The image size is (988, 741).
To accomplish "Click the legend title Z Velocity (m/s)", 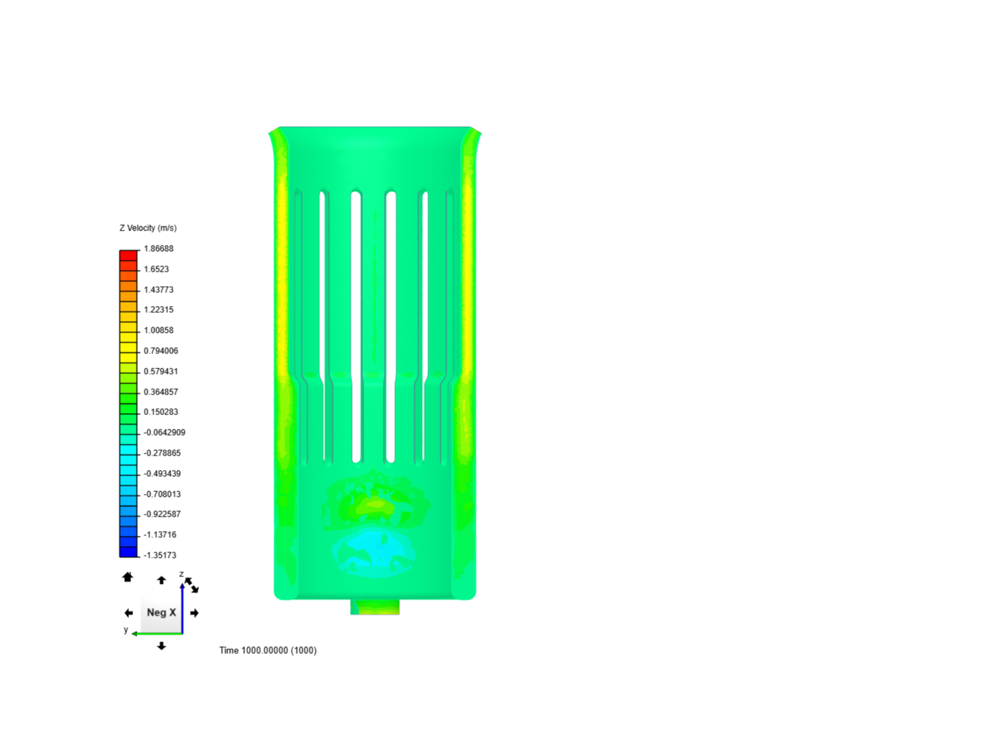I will [x=148, y=228].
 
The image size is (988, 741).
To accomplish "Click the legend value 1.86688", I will [x=158, y=248].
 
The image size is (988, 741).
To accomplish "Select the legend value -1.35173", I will [x=160, y=555].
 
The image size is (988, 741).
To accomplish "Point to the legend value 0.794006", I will [x=161, y=351].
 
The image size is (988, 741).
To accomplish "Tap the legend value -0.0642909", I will [x=164, y=432].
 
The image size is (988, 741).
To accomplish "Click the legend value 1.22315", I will [x=158, y=309].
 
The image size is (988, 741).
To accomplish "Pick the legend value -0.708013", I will [x=162, y=494].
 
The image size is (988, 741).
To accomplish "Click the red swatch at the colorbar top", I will [x=128, y=255].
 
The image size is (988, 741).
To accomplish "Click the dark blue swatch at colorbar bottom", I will [x=128, y=552].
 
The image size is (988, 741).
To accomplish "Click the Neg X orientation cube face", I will [x=161, y=613].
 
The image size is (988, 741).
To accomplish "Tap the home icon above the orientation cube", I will [x=128, y=578].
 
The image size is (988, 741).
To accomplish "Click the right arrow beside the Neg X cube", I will [x=195, y=613].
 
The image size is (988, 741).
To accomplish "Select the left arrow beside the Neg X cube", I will [x=128, y=613].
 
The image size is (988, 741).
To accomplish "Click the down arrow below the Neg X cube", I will [x=161, y=646].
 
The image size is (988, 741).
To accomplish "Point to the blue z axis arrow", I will [x=183, y=604].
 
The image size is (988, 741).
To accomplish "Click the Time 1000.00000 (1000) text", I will [x=268, y=650].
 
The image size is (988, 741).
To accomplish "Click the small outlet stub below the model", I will [x=375, y=607].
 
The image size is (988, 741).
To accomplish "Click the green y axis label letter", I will [x=126, y=630].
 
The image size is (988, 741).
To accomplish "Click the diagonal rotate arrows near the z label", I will [x=191, y=585].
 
